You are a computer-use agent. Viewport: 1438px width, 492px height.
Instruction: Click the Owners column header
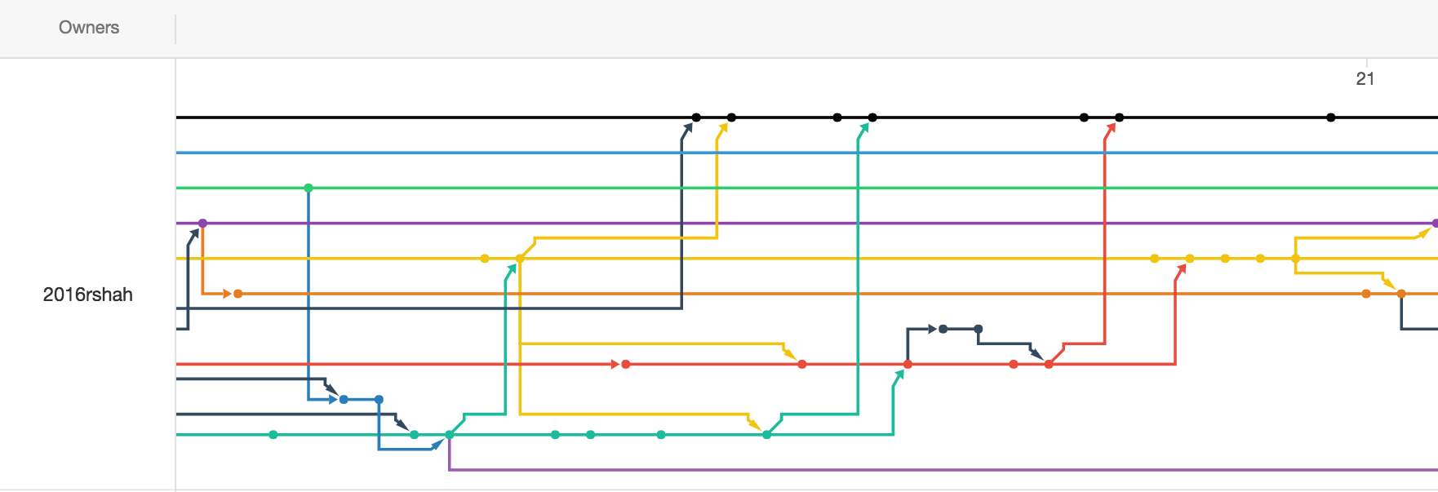[89, 28]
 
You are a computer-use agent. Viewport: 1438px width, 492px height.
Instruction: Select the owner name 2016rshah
[88, 295]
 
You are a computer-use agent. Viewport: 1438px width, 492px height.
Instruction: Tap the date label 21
[1365, 79]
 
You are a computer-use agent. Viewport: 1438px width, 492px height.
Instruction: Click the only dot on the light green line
[308, 188]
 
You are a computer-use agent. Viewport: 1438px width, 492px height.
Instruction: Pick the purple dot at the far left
[202, 224]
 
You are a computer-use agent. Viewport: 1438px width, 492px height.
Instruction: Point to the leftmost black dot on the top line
[696, 117]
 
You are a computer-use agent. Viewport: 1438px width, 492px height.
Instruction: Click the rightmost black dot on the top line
[1331, 117]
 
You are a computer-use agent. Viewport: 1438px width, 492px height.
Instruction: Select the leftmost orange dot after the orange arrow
[238, 294]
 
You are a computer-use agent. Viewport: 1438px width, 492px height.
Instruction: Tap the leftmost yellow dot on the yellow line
[485, 259]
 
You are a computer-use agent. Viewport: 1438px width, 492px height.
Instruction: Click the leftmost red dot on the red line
[626, 365]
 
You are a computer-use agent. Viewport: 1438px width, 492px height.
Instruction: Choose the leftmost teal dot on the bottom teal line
[273, 435]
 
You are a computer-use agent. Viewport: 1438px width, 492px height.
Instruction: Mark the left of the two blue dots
[344, 400]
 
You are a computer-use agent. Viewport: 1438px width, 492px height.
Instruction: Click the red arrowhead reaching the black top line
[1111, 128]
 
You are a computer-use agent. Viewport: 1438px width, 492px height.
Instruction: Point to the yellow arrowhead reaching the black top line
[722, 128]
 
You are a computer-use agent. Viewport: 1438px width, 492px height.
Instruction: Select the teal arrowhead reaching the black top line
[863, 128]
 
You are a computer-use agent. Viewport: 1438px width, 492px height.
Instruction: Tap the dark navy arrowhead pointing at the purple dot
[194, 235]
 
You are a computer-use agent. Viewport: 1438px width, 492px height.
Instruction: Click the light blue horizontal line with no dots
[807, 153]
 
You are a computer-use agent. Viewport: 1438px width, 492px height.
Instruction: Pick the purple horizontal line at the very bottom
[943, 470]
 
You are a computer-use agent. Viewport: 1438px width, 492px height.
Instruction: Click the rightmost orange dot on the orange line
[1401, 294]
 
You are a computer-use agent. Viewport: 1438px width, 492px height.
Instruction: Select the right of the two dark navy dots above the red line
[979, 329]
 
